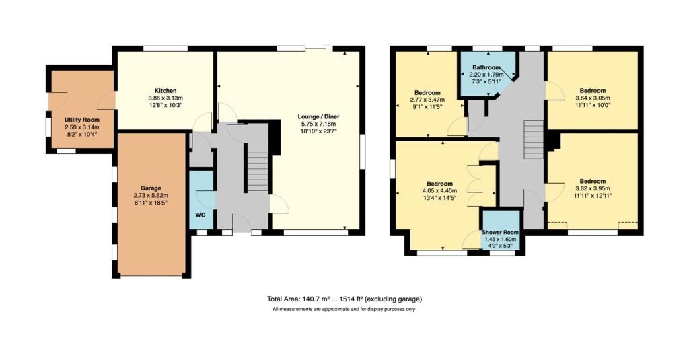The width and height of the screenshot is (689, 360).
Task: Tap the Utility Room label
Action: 81,120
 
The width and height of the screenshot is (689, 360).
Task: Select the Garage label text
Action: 151,188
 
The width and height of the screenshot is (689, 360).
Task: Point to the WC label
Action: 201,215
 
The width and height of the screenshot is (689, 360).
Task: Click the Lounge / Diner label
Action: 318,116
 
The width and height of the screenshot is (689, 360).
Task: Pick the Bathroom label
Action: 486,67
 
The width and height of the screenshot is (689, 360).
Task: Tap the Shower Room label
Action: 500,232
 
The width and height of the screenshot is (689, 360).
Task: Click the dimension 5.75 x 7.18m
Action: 318,124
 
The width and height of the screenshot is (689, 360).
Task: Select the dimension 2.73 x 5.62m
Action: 151,195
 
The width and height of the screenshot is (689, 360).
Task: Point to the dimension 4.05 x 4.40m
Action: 439,191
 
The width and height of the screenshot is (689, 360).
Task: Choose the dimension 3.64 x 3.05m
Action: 592,98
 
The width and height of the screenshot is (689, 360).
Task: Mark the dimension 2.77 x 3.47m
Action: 427,100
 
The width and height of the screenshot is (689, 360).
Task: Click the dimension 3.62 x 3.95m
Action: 592,188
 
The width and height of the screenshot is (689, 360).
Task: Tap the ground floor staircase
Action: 257,172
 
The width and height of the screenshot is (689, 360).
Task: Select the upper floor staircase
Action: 534,140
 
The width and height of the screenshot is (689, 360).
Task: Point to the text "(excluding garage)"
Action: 393,299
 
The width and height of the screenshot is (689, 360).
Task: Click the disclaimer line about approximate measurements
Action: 344,309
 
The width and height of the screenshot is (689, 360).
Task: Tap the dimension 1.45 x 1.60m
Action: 500,239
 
